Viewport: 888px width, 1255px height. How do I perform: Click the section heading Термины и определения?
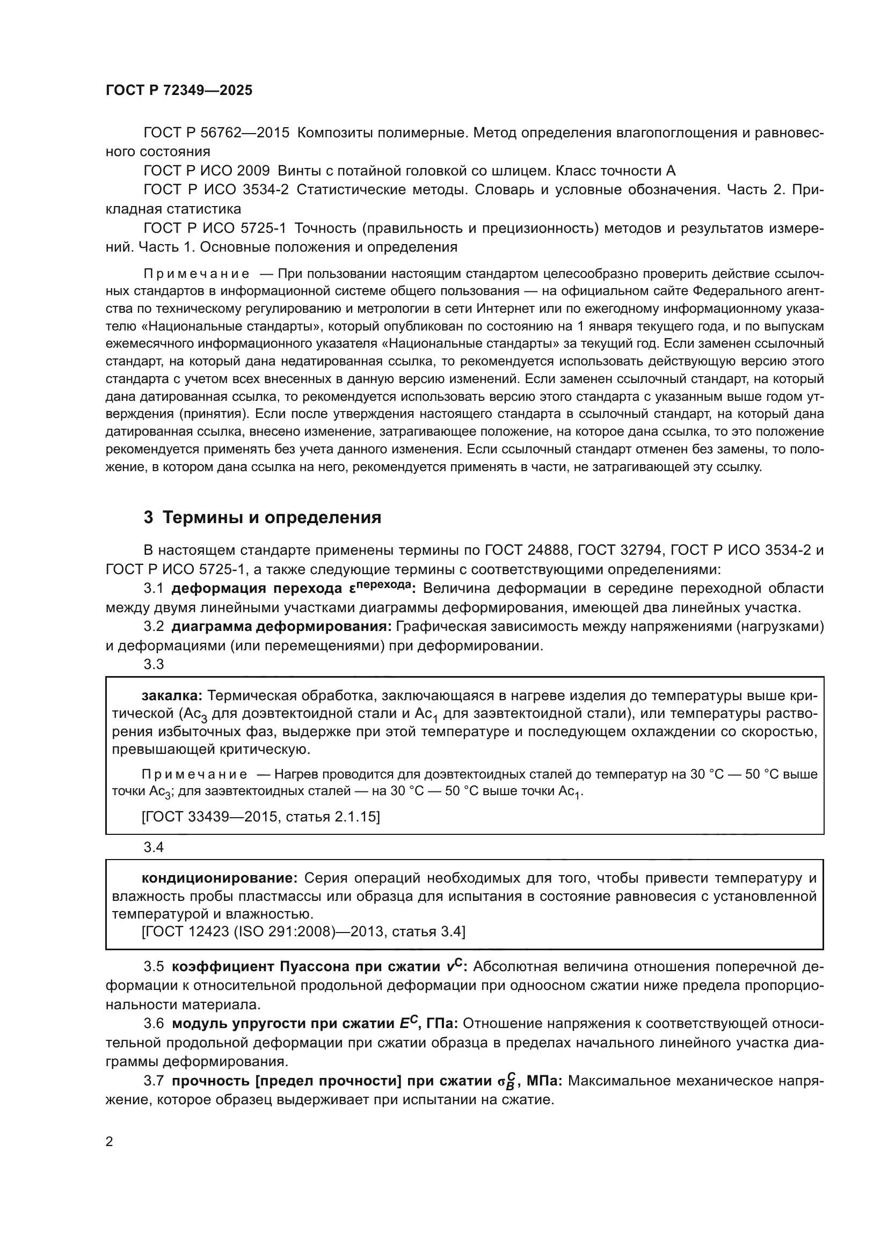(272, 517)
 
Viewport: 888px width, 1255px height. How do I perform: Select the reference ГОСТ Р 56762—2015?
(216, 133)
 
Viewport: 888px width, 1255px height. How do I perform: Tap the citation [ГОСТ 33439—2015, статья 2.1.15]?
(260, 817)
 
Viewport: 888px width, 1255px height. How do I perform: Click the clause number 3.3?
(154, 664)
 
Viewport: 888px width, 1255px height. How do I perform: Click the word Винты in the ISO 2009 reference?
(298, 171)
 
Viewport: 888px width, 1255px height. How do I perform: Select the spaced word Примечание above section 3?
(196, 274)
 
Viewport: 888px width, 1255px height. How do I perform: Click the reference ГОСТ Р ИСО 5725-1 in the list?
(215, 228)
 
